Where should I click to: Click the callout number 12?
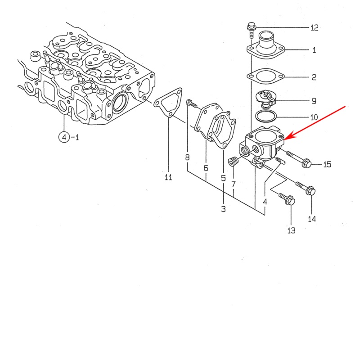[x=314, y=28]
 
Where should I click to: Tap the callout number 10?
[x=314, y=117]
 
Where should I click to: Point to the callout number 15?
[x=327, y=164]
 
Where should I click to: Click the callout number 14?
[x=312, y=219]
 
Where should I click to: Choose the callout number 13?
[x=291, y=230]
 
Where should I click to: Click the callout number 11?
[x=168, y=177]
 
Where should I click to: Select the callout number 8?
[x=187, y=157]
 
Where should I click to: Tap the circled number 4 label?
[x=64, y=137]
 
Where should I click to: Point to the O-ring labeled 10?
[x=265, y=117]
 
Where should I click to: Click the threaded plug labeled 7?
[x=233, y=161]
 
